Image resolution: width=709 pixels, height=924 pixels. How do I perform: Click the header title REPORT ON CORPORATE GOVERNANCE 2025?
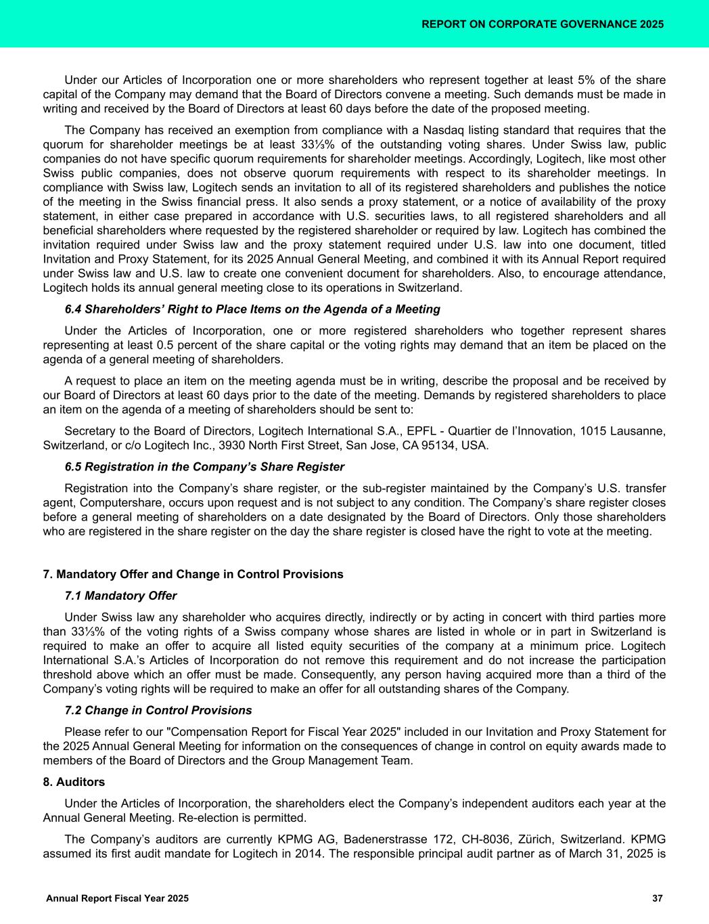tap(542, 24)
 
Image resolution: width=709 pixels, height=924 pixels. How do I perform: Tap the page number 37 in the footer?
tap(657, 898)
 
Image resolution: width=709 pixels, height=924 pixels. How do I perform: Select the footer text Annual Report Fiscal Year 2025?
tap(117, 898)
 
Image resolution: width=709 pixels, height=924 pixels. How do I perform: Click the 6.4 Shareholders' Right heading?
tap(252, 309)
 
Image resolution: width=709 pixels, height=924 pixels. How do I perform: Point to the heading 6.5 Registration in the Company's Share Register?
tap(204, 467)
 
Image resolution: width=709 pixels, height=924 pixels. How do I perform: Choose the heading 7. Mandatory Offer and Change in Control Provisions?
tap(193, 575)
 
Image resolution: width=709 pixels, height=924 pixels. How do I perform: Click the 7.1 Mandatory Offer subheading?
tap(120, 596)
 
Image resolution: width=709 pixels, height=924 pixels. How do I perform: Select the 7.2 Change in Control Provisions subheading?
tap(158, 711)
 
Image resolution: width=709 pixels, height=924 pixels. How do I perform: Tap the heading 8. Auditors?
tap(74, 783)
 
